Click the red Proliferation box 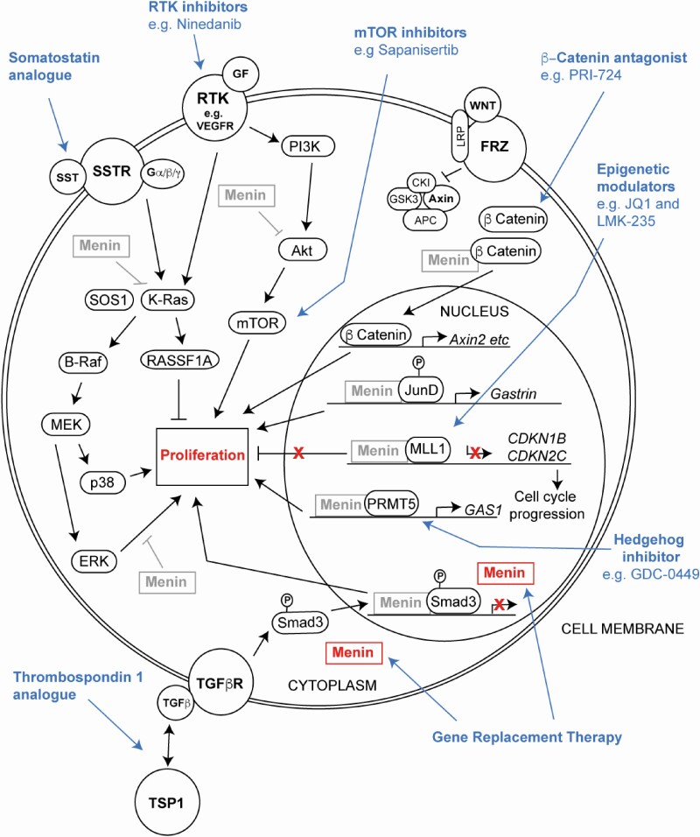[x=200, y=454]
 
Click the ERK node [x=92, y=561]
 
